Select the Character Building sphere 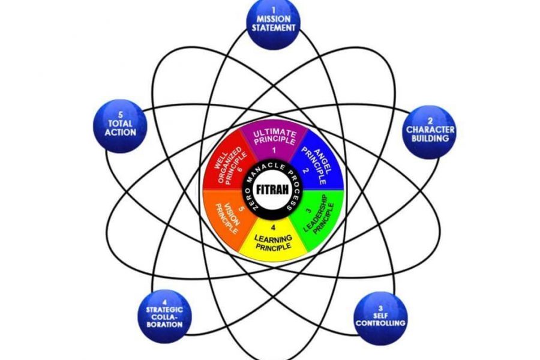coord(430,132)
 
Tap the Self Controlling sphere coord(381,319)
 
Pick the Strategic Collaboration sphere coord(164,316)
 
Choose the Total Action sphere coord(120,126)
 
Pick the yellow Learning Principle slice coord(273,241)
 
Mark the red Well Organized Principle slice coord(229,164)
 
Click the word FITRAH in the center coord(272,190)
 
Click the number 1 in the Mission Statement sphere coord(274,11)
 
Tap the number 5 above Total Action coord(120,115)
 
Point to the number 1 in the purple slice coord(274,150)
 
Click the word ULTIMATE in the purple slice coord(274,133)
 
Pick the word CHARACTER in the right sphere coord(430,130)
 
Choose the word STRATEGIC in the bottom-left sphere coord(164,310)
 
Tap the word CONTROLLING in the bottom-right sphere coord(380,323)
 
